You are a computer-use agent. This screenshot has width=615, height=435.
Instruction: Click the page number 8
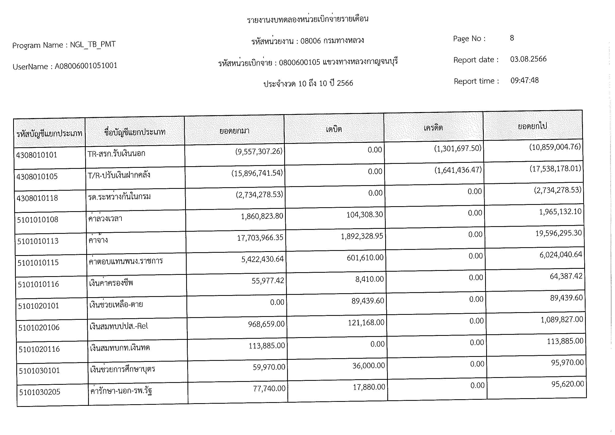pos(512,38)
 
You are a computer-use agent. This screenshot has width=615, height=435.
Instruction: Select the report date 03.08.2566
pos(528,59)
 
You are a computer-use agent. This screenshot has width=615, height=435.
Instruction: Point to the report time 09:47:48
pos(524,80)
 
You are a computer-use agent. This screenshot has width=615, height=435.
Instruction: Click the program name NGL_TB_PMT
pos(93,44)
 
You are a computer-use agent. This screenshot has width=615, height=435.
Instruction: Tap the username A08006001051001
pos(86,66)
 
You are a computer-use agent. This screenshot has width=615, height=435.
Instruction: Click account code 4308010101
pos(37,155)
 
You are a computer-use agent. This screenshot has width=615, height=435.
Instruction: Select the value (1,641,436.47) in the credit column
pos(458,170)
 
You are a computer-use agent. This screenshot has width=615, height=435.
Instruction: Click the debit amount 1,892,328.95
pos(362,236)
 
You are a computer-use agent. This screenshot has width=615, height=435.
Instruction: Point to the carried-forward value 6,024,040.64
pos(561,255)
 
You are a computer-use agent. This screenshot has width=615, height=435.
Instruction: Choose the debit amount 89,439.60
pos(368,301)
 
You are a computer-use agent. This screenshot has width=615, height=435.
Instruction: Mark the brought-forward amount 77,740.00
pos(269,388)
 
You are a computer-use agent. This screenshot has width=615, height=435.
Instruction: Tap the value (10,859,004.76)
pos(555,147)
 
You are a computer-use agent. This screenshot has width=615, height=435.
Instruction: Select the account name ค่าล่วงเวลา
pos(105,219)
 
